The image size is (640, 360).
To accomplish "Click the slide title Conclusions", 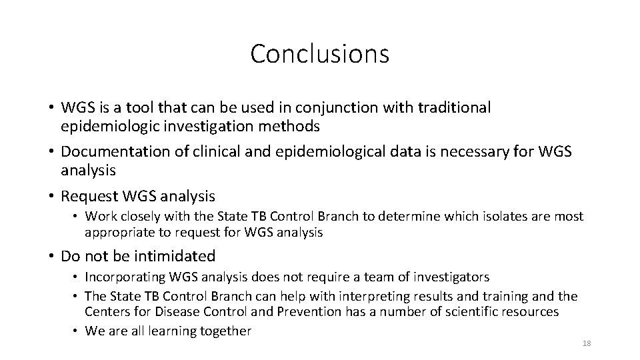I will [319, 54].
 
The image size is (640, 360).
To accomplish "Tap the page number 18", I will [587, 343].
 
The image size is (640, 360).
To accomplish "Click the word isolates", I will [477, 217].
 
